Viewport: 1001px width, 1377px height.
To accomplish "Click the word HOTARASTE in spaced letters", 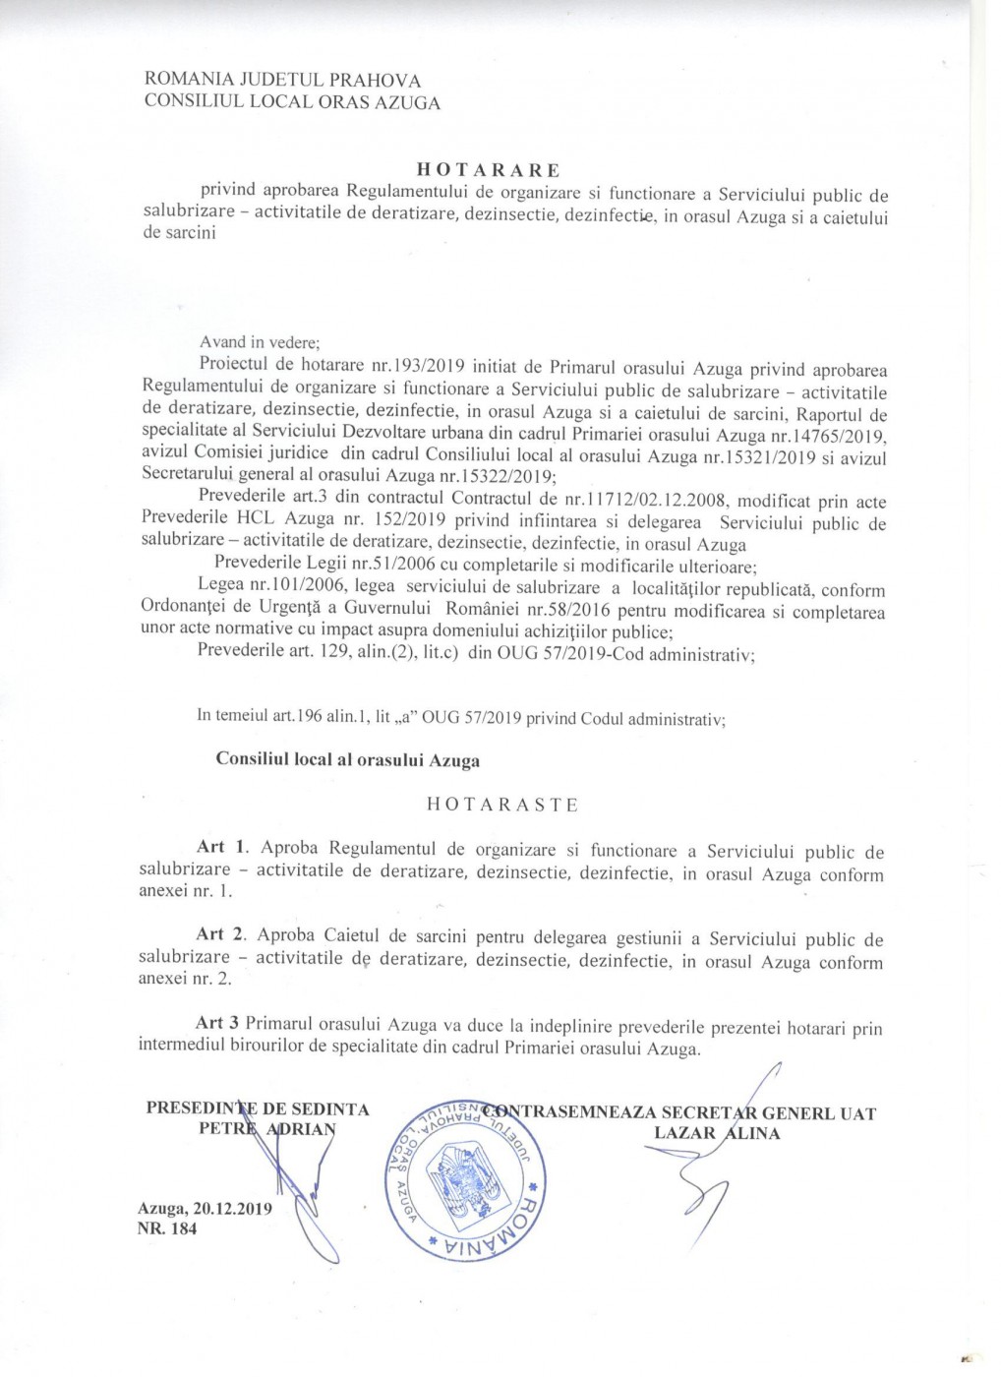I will tap(501, 804).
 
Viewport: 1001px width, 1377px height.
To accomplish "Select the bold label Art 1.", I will tap(211, 847).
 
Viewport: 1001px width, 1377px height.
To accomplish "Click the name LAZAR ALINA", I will tap(717, 1133).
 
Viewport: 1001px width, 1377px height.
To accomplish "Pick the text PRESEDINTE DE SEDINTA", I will tap(258, 1110).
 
